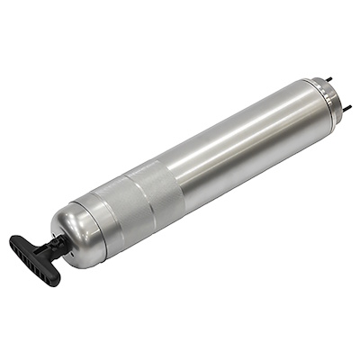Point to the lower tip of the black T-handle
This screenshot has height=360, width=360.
tap(54, 280)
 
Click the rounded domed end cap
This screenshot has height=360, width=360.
tap(76, 229)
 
